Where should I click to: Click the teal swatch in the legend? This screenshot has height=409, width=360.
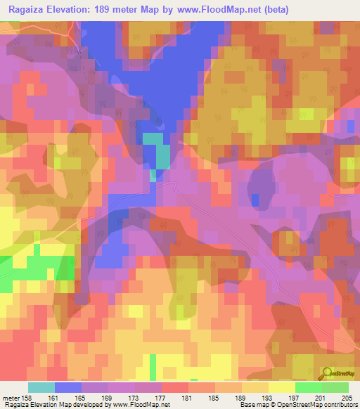tap(41, 387)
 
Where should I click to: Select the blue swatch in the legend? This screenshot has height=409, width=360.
tap(68, 387)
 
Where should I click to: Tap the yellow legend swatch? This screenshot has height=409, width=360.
tap(281, 387)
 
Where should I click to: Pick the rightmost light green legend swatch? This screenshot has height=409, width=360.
tap(335, 387)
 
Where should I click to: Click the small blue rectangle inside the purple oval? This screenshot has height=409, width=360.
tap(255, 200)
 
